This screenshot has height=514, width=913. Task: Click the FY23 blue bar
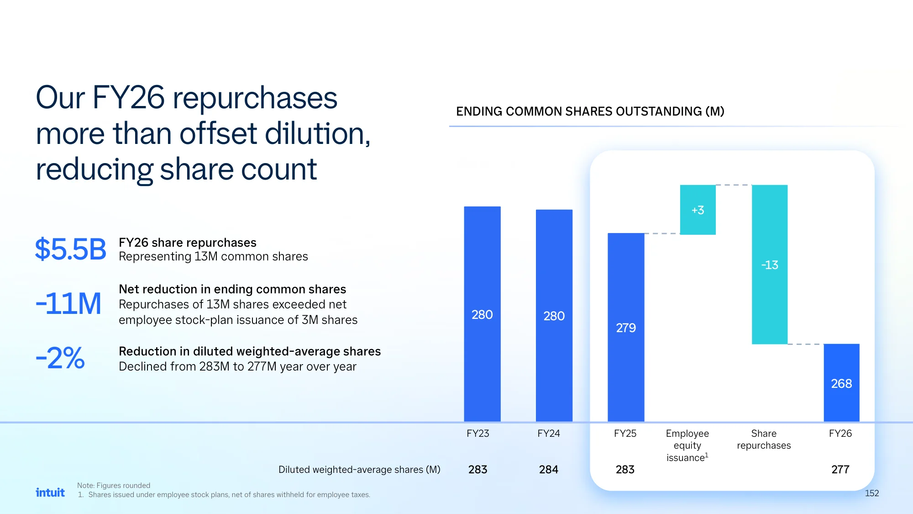tap(482, 314)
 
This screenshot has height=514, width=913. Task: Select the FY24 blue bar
tap(554, 315)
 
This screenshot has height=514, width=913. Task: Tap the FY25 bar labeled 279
tap(626, 327)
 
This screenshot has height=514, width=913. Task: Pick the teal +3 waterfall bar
tap(698, 210)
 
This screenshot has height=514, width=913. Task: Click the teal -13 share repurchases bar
tap(770, 264)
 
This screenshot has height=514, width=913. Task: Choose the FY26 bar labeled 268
tap(841, 383)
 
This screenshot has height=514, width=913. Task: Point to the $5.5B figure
tap(71, 249)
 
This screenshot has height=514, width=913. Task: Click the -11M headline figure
tap(68, 303)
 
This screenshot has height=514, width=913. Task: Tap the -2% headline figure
tap(60, 358)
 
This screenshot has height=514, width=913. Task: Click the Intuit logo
tap(50, 492)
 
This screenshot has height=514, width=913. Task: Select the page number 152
tap(872, 493)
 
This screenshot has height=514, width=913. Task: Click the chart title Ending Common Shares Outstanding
tap(590, 111)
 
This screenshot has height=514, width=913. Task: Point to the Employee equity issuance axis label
tap(687, 445)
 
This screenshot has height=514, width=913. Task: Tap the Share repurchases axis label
tap(764, 439)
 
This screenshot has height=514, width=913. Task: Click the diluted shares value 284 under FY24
tap(548, 469)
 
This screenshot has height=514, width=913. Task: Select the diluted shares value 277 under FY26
tap(840, 469)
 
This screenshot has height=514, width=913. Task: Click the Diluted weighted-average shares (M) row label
tap(359, 470)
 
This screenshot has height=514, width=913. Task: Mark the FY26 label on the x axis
tap(840, 433)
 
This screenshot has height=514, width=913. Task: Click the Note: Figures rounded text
tap(114, 485)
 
